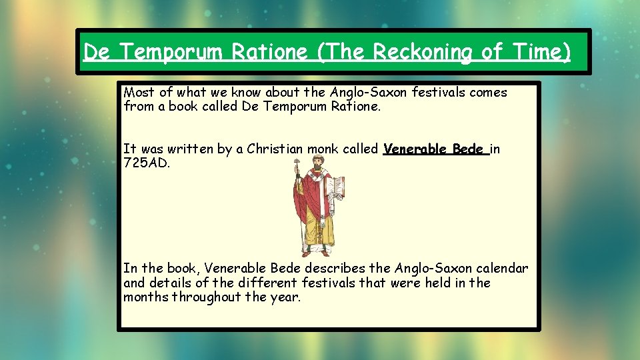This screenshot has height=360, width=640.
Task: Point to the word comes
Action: pyautogui.click(x=489, y=93)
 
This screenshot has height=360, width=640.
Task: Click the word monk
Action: pyautogui.click(x=323, y=149)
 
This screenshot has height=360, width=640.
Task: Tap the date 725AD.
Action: pyautogui.click(x=147, y=163)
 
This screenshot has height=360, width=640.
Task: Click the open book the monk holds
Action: pyautogui.click(x=336, y=189)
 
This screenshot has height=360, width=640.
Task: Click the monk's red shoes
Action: pyautogui.click(x=316, y=252)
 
